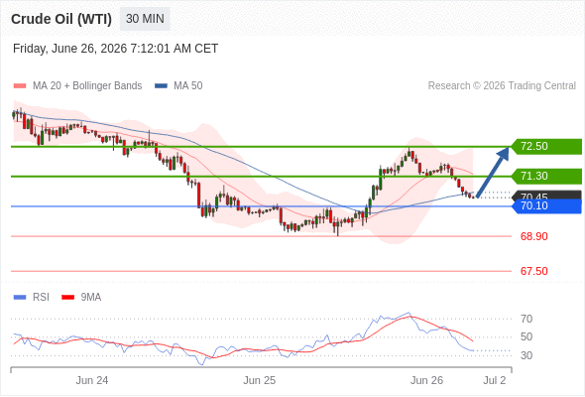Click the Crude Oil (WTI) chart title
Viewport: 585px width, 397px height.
pyautogui.click(x=61, y=19)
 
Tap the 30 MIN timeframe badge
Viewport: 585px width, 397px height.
pyautogui.click(x=145, y=19)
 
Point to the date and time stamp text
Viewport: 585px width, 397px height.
pyautogui.click(x=115, y=49)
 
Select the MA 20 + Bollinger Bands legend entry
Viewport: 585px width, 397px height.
pyautogui.click(x=77, y=86)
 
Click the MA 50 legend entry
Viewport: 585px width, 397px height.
pyautogui.click(x=178, y=86)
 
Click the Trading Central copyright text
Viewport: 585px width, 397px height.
pyautogui.click(x=502, y=86)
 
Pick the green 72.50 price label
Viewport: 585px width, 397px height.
pyautogui.click(x=546, y=147)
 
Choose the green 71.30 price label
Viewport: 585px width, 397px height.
pyautogui.click(x=546, y=176)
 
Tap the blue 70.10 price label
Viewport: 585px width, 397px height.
pyautogui.click(x=546, y=205)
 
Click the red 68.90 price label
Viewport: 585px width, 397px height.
pyautogui.click(x=533, y=236)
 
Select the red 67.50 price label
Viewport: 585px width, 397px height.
pyautogui.click(x=533, y=271)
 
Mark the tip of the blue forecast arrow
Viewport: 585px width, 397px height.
pyautogui.click(x=508, y=147)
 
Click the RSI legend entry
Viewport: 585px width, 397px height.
pyautogui.click(x=32, y=298)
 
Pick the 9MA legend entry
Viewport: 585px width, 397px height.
pyautogui.click(x=81, y=298)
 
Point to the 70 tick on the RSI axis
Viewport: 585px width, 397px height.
pyautogui.click(x=526, y=319)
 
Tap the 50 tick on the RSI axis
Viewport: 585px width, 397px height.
pyautogui.click(x=526, y=336)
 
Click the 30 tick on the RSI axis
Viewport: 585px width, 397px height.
pyautogui.click(x=526, y=355)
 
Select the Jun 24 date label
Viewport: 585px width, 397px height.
pyautogui.click(x=92, y=380)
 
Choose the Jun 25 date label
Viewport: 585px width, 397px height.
pyautogui.click(x=260, y=380)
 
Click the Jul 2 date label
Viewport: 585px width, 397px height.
pyautogui.click(x=495, y=380)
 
